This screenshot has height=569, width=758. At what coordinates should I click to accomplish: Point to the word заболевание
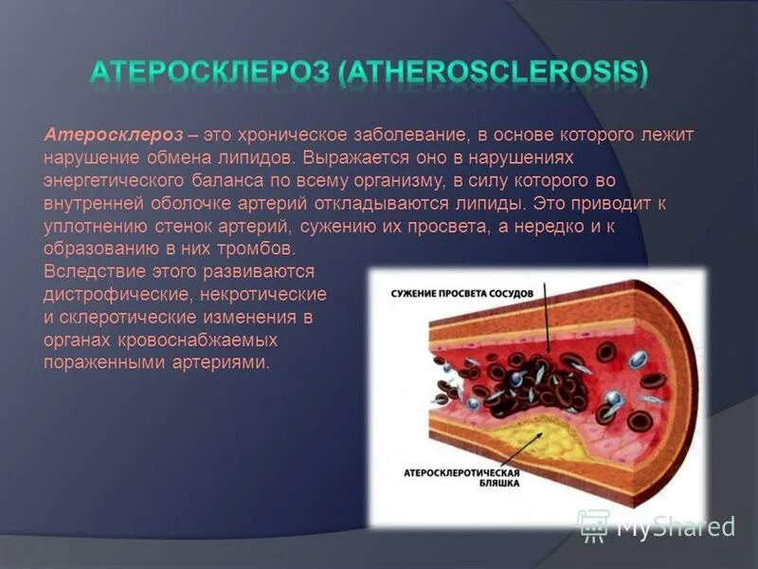pyautogui.click(x=352, y=136)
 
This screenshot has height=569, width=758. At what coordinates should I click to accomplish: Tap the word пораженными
pyautogui.click(x=104, y=363)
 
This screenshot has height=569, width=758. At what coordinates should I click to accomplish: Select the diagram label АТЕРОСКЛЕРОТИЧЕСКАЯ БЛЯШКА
pyautogui.click(x=460, y=477)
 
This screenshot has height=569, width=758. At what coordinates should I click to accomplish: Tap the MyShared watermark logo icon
pyautogui.click(x=594, y=524)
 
